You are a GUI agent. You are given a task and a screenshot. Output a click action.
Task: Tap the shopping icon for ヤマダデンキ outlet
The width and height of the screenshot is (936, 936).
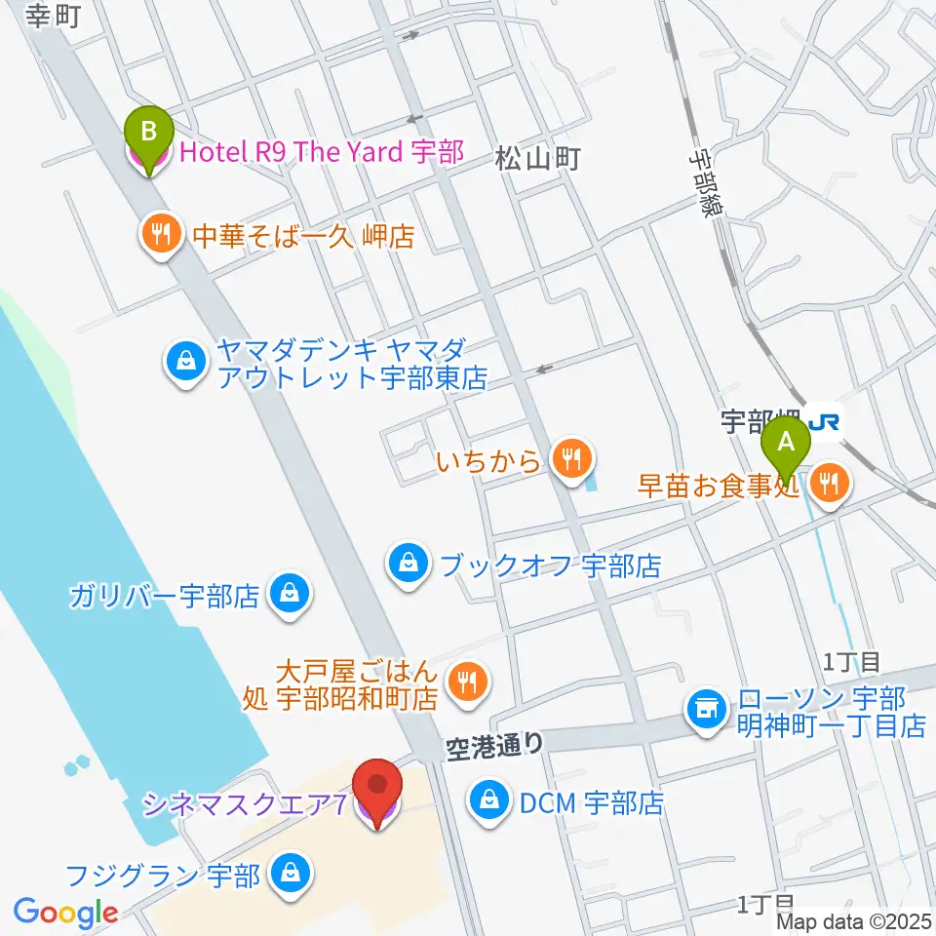click(x=184, y=363)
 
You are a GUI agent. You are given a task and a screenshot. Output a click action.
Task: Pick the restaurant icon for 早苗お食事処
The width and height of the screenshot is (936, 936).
click(x=830, y=480)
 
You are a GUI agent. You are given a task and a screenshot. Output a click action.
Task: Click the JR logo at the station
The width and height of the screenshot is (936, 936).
click(x=824, y=421)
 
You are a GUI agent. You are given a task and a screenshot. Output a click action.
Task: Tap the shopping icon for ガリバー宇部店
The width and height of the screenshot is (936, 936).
click(x=290, y=594)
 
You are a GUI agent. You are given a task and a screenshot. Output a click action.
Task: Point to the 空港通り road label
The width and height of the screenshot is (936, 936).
click(x=493, y=746)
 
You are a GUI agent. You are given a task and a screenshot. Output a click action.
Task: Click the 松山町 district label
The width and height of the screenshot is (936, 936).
click(x=537, y=158)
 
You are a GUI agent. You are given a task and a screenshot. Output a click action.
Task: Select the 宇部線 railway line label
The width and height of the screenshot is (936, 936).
click(x=702, y=184)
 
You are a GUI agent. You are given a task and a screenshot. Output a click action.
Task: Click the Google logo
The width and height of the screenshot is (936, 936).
click(x=65, y=913)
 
